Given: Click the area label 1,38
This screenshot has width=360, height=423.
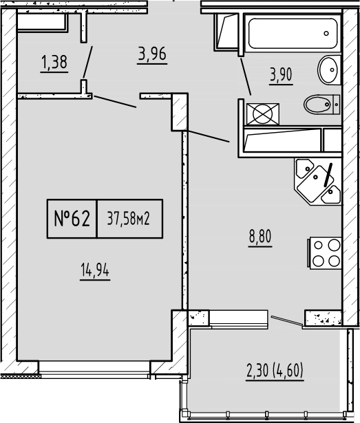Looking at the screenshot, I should point(54,63).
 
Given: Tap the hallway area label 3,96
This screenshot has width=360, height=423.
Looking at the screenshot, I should point(153,54).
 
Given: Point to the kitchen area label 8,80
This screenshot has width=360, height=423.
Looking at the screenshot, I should point(260,238).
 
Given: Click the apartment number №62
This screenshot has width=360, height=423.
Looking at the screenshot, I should point(72,219).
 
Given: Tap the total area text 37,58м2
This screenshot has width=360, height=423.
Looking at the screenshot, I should point(129,219).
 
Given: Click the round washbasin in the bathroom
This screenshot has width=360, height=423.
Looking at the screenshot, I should point(328,70).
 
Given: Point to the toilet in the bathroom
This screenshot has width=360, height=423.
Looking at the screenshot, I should point(320,105).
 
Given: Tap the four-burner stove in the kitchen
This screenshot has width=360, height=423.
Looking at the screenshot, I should point(325,253).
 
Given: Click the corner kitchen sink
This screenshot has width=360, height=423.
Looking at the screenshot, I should point(318,180).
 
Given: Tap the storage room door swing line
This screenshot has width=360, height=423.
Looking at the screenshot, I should point(88,61).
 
